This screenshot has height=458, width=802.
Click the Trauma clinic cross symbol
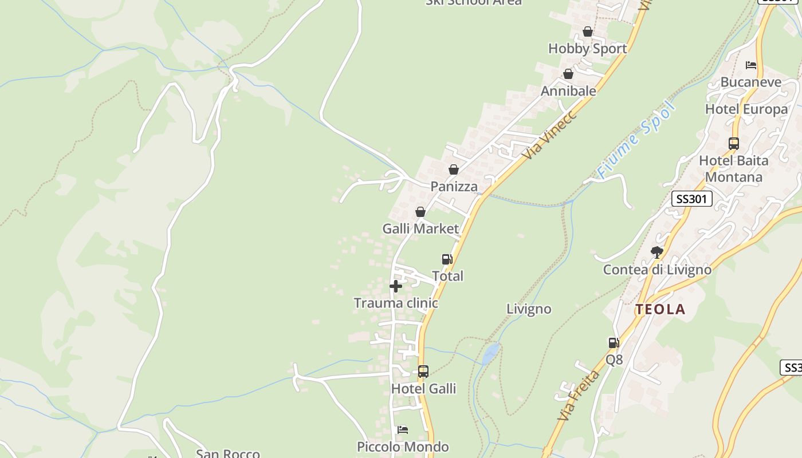(x=396, y=286)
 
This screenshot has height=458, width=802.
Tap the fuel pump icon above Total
(x=447, y=259)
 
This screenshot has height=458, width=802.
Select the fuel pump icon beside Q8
(x=614, y=343)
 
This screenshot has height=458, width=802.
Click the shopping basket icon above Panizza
(x=454, y=169)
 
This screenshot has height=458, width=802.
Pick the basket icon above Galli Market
(x=420, y=212)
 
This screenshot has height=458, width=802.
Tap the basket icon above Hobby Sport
(x=588, y=31)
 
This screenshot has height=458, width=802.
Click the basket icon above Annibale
(x=568, y=74)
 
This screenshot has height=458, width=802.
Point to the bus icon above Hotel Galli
(x=423, y=372)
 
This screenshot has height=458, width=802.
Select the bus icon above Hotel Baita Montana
(x=734, y=144)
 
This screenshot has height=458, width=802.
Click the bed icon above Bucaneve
(x=751, y=65)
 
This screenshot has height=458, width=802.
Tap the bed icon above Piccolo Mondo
(x=403, y=430)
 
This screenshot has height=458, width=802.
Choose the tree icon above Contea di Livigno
(x=657, y=252)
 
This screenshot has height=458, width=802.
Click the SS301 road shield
(x=691, y=199)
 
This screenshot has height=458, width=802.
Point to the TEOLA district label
(x=660, y=310)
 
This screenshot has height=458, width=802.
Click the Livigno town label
(x=529, y=309)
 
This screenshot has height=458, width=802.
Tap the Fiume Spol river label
(x=636, y=140)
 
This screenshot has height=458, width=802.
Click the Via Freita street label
(x=579, y=396)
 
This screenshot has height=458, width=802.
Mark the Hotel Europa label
(x=746, y=109)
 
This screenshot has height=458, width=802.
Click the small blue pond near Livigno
(x=490, y=353)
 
